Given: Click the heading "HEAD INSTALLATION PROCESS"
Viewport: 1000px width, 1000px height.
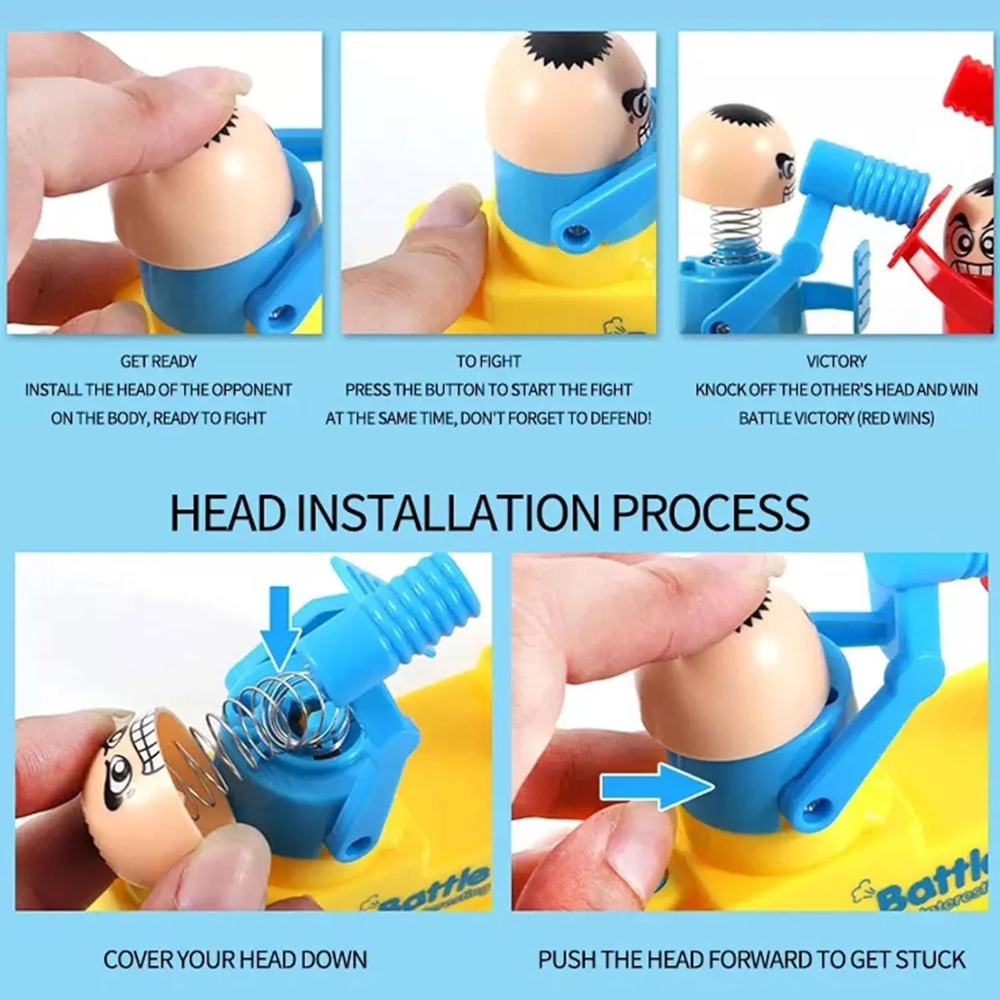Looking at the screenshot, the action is pyautogui.click(x=490, y=512).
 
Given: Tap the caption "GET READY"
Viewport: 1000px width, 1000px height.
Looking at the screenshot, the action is pyautogui.click(x=159, y=361).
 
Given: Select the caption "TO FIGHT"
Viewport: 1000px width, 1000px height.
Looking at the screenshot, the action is pyautogui.click(x=489, y=361).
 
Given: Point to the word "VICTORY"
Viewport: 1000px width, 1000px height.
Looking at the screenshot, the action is pyautogui.click(x=836, y=361).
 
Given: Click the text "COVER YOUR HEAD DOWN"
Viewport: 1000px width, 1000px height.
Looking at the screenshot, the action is pyautogui.click(x=235, y=959).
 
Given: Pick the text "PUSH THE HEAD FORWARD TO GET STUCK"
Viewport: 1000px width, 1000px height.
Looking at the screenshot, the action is pyautogui.click(x=751, y=959).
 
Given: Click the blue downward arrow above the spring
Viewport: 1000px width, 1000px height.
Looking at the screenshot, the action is pyautogui.click(x=280, y=627).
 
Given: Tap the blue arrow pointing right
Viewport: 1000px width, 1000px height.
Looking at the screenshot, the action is pyautogui.click(x=657, y=787).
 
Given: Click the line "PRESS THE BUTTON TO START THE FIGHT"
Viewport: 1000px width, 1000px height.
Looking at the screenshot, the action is pyautogui.click(x=489, y=389).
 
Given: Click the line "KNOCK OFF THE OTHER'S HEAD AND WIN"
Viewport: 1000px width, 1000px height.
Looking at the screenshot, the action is pyautogui.click(x=836, y=389).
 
